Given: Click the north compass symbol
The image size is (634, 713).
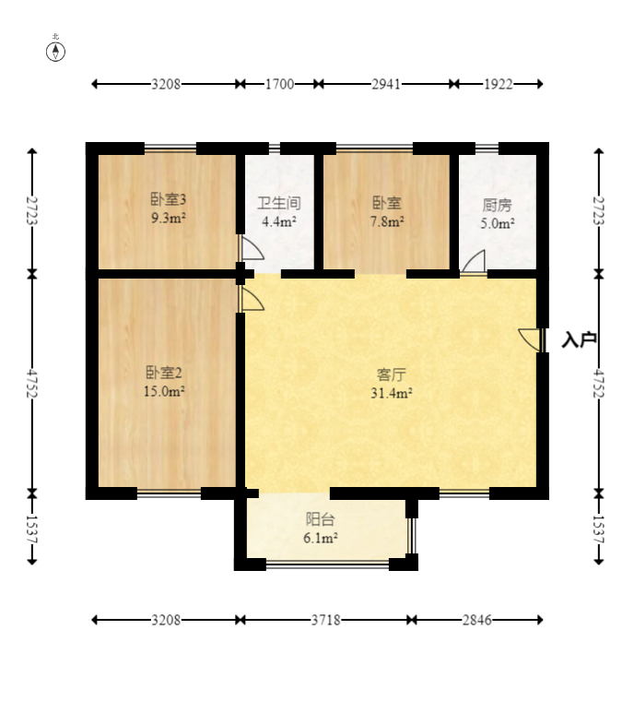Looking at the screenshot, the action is (55, 52).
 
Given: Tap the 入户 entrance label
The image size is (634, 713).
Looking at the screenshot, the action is (579, 339).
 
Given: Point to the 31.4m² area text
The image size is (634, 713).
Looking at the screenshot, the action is (391, 393).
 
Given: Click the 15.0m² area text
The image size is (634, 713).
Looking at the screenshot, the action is (164, 391).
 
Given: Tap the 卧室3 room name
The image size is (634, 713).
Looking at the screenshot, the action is (168, 199).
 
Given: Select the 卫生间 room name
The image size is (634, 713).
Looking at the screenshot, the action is (279, 203).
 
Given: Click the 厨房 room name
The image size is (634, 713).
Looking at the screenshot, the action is (497, 205).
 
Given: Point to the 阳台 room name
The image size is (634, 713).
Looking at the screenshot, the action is (320, 518).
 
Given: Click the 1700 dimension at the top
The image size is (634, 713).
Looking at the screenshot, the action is (279, 84).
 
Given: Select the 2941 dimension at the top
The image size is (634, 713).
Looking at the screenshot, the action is (386, 84).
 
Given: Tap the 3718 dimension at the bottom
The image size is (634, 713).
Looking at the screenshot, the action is (325, 620).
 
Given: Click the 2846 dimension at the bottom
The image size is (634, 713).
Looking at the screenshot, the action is (476, 620).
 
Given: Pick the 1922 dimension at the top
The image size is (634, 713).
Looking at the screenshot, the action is (498, 84).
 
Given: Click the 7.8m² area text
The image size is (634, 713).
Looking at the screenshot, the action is (387, 221).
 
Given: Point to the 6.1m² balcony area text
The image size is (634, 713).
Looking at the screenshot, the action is (320, 538).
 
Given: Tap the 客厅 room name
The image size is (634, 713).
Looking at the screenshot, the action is (391, 374).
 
